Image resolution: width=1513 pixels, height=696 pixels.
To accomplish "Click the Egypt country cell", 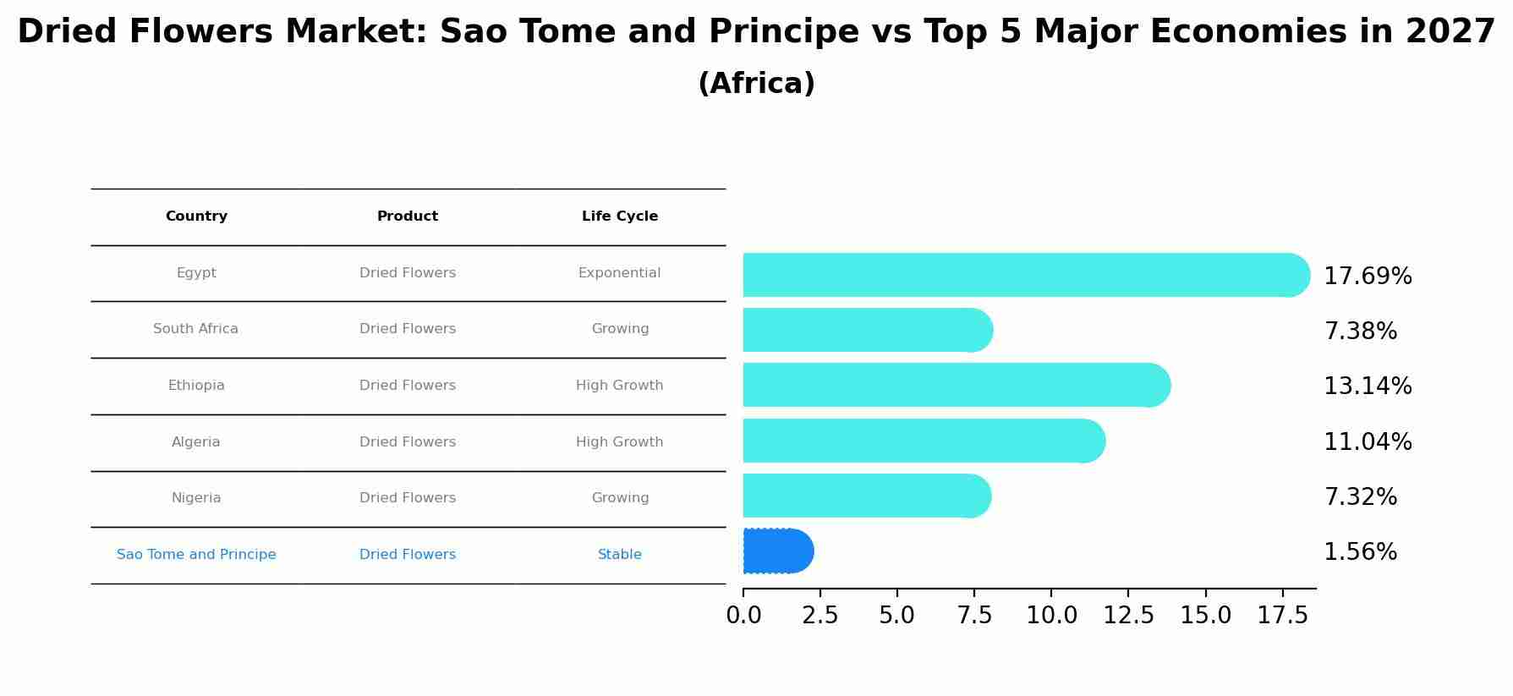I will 196,273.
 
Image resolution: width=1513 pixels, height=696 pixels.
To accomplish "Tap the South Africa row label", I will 195,329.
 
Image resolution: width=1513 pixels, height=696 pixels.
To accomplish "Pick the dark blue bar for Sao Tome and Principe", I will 777,551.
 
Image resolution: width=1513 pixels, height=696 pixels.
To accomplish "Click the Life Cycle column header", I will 619,216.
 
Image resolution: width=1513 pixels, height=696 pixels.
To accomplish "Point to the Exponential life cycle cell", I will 619,273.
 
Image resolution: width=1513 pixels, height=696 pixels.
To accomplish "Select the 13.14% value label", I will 1367,386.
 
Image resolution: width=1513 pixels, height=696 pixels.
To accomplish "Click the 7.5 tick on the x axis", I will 973,616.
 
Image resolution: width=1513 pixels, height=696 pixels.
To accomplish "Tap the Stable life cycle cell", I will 619,555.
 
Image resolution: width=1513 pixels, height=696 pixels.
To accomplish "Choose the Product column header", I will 407,216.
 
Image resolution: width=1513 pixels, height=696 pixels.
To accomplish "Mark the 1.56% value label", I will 1359,552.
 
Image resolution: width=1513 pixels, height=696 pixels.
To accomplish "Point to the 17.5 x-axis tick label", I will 1282,616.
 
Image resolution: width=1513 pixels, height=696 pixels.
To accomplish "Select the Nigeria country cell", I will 196,498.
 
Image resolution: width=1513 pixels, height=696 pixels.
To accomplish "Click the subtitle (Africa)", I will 756,84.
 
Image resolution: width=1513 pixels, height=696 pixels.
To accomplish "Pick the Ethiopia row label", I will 196,386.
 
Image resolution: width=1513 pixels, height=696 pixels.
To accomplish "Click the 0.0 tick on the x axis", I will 743,616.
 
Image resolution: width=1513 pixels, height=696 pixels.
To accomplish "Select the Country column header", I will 196,216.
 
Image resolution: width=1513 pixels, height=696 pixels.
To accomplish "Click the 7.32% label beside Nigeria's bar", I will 1359,497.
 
